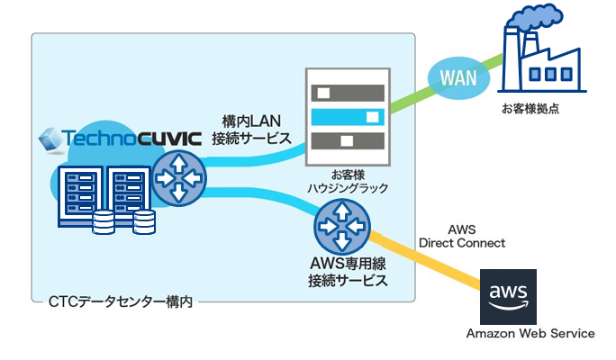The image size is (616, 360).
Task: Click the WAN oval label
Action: pyautogui.click(x=457, y=77)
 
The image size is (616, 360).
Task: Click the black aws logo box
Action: pyautogui.click(x=507, y=296)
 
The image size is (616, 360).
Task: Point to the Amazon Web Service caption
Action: pyautogui.click(x=530, y=334)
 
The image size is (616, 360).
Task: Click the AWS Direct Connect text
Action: pyautogui.click(x=462, y=237)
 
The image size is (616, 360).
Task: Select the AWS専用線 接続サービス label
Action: pyautogui.click(x=347, y=272)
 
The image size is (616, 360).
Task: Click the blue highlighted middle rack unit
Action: pyautogui.click(x=347, y=115)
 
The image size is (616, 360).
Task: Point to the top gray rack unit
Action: pyautogui.click(x=347, y=92)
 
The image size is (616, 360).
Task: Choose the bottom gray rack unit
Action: pyautogui.click(x=347, y=139)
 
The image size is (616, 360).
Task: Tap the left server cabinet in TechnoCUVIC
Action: pyautogui.click(x=77, y=193)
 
